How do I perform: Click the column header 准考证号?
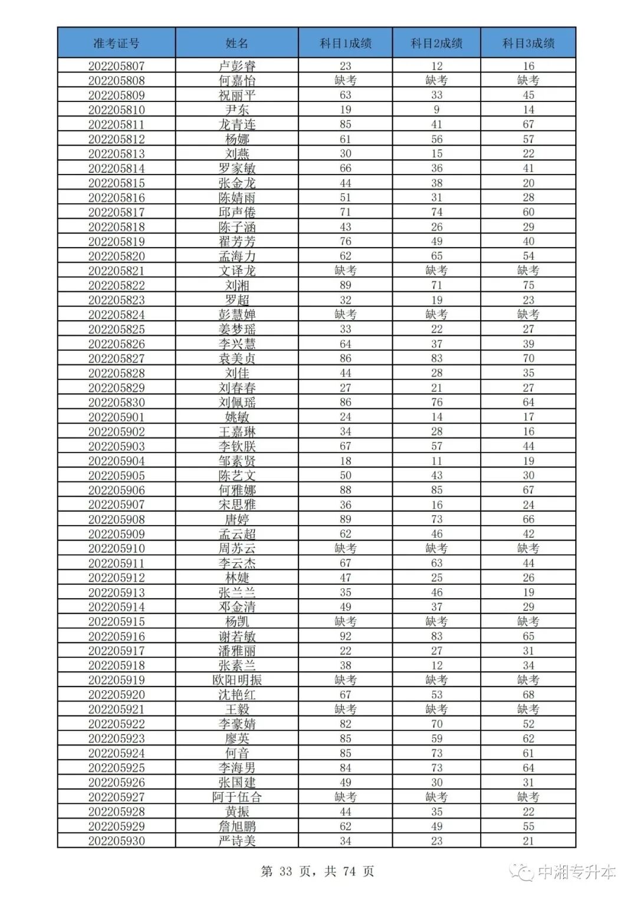point(116,43)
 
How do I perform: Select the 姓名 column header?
point(237,43)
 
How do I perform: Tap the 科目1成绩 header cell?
point(345,43)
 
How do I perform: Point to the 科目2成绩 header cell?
point(436,43)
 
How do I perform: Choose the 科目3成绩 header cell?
point(528,43)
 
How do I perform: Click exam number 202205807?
point(116,66)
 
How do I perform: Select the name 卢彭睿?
point(237,66)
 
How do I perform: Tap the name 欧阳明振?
point(237,680)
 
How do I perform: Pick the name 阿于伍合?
point(237,797)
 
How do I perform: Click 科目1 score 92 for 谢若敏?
point(345,636)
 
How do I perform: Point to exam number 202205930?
point(116,840)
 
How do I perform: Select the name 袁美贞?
point(237,358)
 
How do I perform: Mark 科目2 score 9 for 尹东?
point(436,110)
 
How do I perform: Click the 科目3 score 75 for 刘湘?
point(528,285)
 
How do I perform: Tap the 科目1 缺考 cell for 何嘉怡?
point(345,80)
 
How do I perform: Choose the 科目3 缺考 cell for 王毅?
point(528,709)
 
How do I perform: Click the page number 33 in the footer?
point(286,871)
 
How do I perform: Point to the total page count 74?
point(349,871)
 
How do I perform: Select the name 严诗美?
point(237,840)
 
